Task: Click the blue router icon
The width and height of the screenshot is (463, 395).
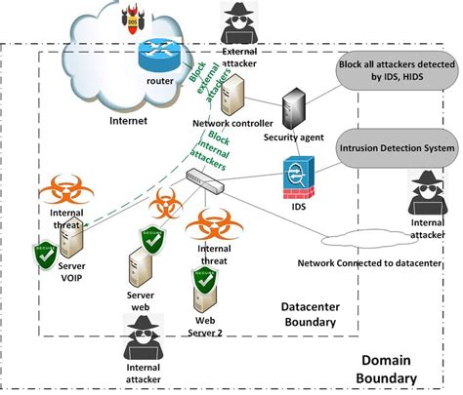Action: click(153, 56)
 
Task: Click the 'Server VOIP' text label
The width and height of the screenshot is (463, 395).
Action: click(78, 272)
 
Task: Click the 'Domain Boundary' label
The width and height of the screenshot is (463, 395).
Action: click(401, 368)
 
